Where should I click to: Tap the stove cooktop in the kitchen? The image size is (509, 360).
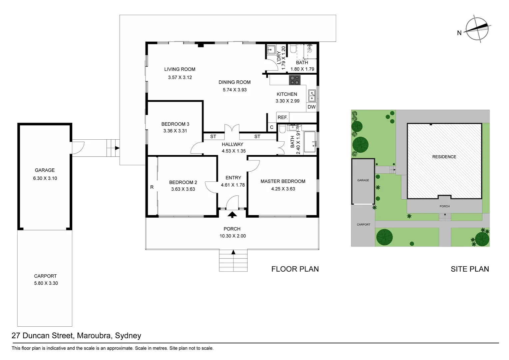[294, 80]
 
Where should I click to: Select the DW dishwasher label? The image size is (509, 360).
[311, 107]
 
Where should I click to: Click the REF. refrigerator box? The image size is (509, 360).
[282, 117]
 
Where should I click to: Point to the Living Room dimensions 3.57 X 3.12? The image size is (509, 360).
[180, 77]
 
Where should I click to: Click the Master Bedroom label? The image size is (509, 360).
[283, 181]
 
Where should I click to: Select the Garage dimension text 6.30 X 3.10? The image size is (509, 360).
[45, 178]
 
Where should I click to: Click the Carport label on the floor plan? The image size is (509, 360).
[45, 276]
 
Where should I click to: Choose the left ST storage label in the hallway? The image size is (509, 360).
[213, 136]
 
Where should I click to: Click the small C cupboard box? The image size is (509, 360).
[271, 127]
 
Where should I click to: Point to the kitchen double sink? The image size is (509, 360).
[312, 96]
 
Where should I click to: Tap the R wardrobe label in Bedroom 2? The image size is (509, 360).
[152, 187]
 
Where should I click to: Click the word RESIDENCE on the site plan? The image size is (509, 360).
[444, 157]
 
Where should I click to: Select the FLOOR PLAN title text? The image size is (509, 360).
[295, 269]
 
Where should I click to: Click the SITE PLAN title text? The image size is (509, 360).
[470, 269]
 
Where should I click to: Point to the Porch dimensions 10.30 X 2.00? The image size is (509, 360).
[233, 236]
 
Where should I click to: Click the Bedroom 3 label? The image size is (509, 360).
[175, 124]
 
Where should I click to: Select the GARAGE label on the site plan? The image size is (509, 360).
[363, 180]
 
